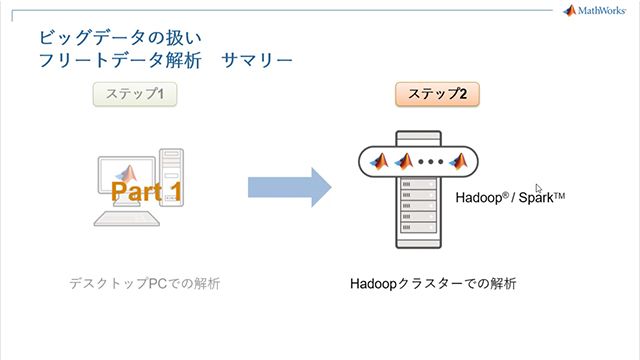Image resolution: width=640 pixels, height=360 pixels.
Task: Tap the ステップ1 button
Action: pos(136,95)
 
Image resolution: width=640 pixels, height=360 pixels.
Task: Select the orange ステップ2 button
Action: pos(437,95)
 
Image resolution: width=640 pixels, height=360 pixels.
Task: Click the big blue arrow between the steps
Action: pos(289,186)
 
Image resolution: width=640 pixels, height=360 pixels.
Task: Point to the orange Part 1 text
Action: pos(147,190)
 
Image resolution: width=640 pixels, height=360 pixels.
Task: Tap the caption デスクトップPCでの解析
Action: pos(144,284)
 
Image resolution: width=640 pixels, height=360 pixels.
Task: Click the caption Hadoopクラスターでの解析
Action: pos(433,284)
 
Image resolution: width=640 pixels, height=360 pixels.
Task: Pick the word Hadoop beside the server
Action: pos(480,198)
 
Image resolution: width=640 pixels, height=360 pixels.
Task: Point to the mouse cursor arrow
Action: pos(539,188)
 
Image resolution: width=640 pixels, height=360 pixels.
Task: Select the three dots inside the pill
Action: pos(431,161)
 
